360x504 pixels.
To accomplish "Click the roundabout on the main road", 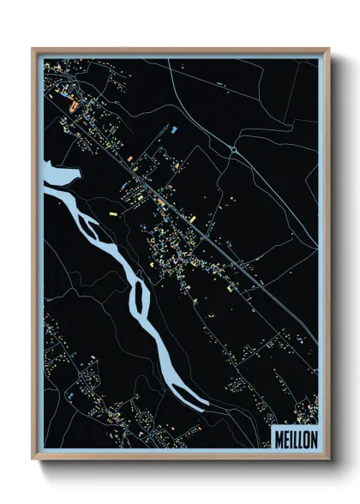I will (x=232, y=150).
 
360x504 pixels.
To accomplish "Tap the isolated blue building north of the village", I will (x=175, y=129).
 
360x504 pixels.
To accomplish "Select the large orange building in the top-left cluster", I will (x=72, y=107).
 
